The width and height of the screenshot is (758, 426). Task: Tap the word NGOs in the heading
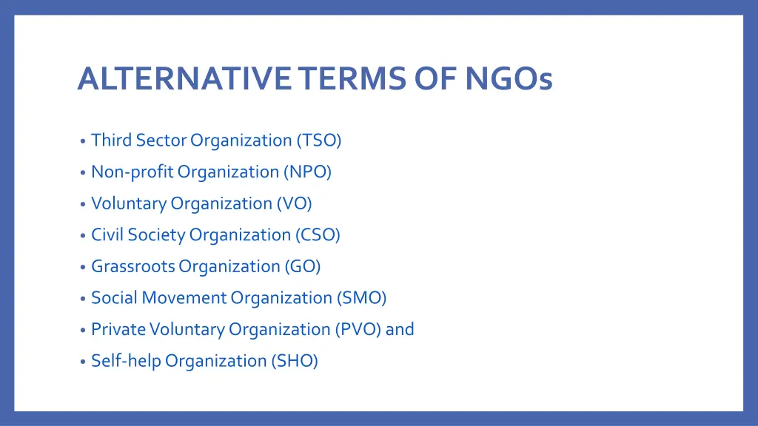point(509,79)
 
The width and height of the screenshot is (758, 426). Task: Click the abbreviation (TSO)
point(319,141)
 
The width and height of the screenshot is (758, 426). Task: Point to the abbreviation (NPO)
point(307,172)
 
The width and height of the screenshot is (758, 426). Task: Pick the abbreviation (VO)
point(295,203)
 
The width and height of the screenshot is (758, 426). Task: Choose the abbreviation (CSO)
point(318,235)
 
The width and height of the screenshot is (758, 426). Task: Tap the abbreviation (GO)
point(302,266)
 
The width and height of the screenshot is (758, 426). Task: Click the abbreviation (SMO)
point(361,298)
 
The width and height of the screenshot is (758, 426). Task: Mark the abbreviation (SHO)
point(295,361)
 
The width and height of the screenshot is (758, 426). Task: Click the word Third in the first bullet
point(109,141)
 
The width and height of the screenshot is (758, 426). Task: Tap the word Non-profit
point(132,172)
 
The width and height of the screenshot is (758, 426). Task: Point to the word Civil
point(107,235)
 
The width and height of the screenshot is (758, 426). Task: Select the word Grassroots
point(133,266)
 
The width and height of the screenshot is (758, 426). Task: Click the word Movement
point(184,298)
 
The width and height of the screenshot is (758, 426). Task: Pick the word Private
point(118,329)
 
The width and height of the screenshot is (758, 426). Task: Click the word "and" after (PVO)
point(400,329)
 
